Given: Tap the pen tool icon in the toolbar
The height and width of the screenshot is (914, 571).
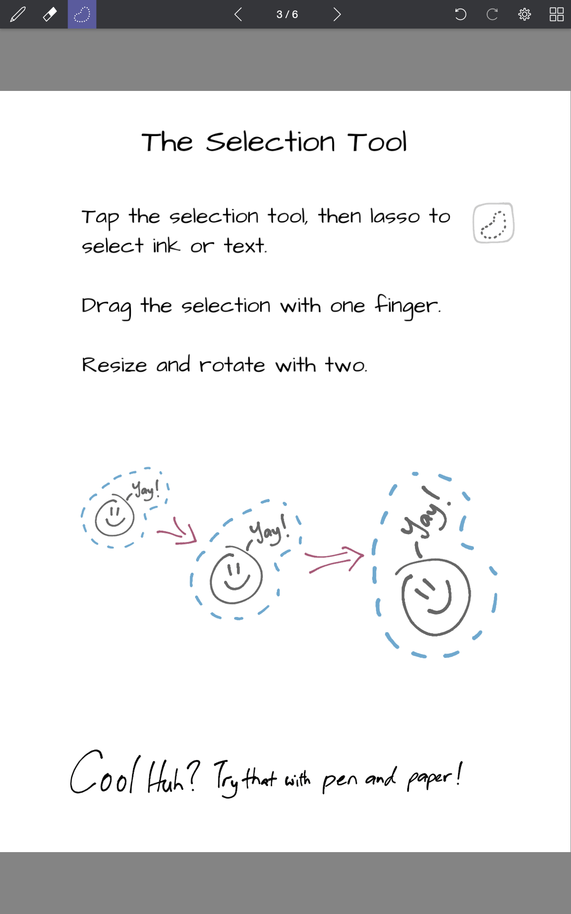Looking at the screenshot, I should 18,14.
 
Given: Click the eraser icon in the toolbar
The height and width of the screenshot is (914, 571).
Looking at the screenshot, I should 50,14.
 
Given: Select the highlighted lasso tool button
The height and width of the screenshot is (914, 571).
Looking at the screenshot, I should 82,14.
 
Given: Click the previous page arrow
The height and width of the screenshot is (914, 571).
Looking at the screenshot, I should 238,14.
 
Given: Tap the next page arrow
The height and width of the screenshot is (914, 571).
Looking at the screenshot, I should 337,14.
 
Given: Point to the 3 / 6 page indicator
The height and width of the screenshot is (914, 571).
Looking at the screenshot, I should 287,14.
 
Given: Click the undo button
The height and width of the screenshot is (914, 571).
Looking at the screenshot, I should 460,14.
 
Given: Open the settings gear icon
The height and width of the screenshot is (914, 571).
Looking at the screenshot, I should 524,14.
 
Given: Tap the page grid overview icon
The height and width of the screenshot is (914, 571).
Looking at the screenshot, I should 556,14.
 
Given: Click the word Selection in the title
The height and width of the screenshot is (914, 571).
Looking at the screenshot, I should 270,142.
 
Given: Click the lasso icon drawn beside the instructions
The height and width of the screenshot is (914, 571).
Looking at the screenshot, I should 493,223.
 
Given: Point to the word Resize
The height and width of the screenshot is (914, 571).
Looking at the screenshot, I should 114,365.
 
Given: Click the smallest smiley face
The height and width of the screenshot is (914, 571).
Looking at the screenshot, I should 114,517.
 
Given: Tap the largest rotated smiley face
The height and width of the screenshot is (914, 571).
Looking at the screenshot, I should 435,597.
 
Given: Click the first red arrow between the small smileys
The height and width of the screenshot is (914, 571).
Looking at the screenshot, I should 177,532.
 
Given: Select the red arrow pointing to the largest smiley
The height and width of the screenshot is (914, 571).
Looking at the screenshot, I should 334,559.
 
